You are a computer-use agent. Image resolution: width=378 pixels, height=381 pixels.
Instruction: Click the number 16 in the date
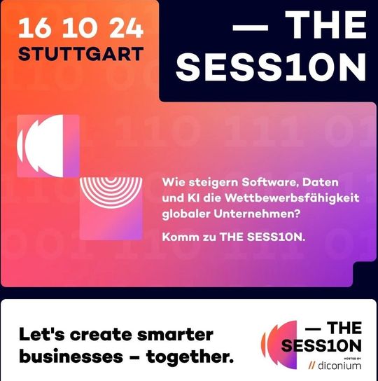click(36, 28)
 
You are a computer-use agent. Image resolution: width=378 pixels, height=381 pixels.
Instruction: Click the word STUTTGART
click(81, 54)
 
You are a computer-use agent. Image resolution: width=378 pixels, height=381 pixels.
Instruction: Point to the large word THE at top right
click(327, 27)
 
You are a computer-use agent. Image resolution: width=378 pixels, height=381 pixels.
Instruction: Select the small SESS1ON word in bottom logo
click(321, 346)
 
